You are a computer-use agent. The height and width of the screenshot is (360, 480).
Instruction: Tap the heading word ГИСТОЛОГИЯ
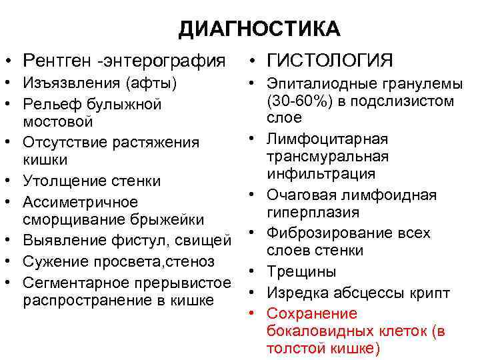click(330, 61)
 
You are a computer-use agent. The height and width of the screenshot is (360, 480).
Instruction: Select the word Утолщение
click(64, 181)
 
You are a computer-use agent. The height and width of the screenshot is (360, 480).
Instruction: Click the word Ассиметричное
click(80, 201)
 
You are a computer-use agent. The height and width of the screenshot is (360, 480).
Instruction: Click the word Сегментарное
click(75, 282)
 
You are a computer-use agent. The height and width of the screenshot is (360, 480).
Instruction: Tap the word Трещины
click(301, 271)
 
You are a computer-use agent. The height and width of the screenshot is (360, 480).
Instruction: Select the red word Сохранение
click(311, 313)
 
